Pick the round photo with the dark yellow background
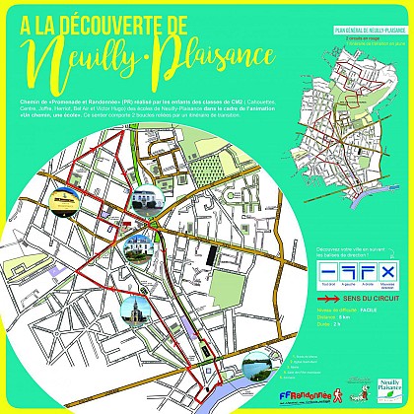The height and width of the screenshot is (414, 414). (x=64, y=200)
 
